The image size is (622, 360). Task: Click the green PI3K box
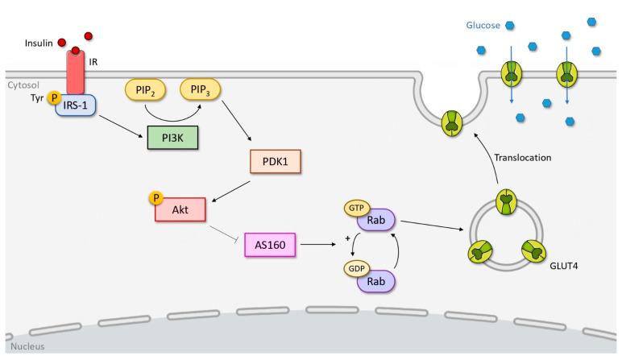click(170, 139)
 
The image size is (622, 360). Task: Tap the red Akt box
click(180, 208)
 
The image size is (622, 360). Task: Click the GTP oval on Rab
click(355, 208)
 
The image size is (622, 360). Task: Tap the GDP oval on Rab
click(355, 269)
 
